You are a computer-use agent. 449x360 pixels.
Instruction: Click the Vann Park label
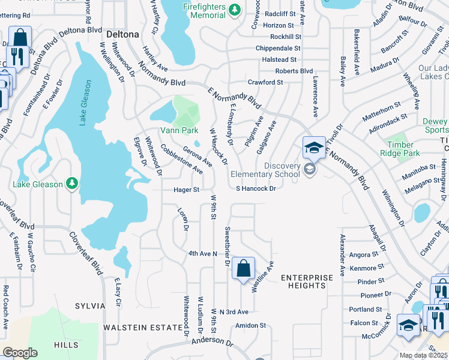click(179, 130)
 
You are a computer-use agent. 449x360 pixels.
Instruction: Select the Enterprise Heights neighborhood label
click(306, 281)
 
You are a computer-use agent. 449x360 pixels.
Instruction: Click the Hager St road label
click(186, 190)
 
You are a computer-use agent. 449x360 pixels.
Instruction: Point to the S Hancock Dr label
click(255, 188)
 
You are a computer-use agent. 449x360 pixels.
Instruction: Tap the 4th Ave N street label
click(202, 254)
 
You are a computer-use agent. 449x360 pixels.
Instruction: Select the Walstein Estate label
click(142, 328)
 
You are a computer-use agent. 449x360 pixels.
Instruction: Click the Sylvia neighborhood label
click(90, 306)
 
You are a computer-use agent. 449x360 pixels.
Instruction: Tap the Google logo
click(20, 353)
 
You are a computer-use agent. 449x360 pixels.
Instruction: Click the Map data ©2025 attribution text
click(423, 355)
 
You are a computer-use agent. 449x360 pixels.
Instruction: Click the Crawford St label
click(265, 82)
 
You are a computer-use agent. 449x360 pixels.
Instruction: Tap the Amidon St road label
click(250, 325)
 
